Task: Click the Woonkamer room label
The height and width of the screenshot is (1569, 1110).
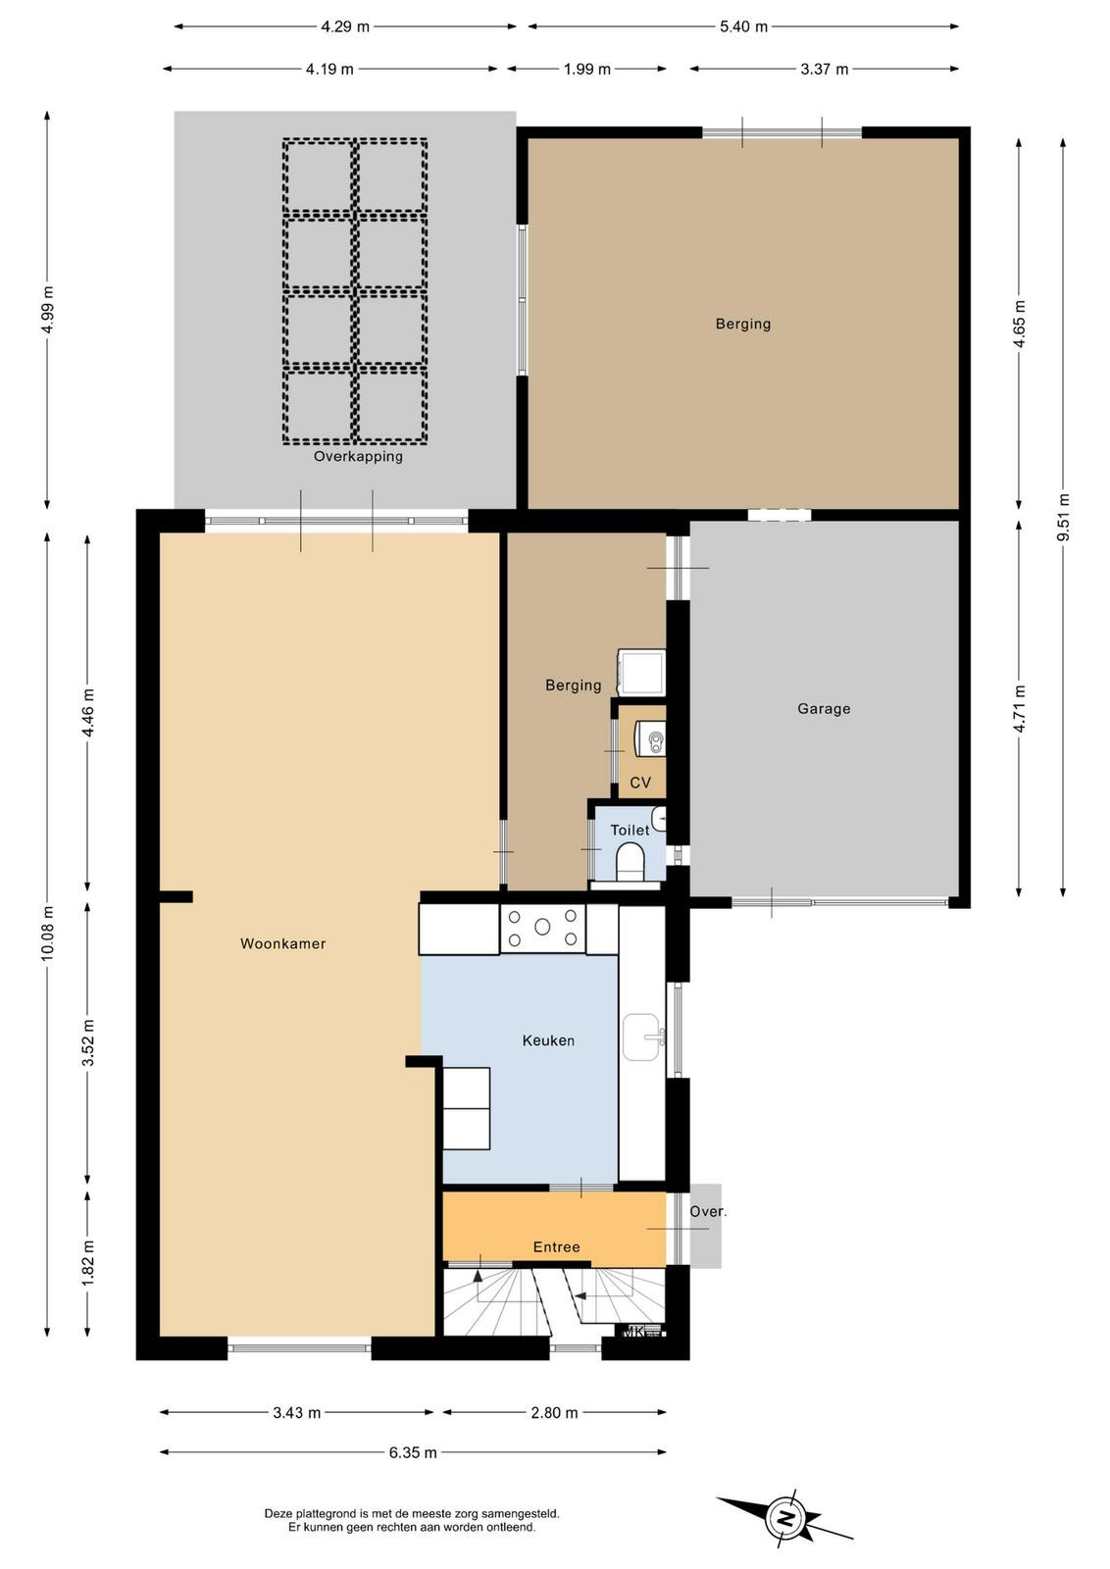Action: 283,943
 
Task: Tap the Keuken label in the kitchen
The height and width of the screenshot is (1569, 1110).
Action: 548,1040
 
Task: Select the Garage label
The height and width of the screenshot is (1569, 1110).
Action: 824,709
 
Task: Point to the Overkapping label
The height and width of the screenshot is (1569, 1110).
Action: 358,457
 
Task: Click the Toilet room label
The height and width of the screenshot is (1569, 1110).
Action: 630,830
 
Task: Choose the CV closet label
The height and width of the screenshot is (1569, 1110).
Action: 640,783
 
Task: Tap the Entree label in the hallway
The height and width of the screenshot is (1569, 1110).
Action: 557,1247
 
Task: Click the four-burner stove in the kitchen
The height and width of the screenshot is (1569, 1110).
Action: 543,928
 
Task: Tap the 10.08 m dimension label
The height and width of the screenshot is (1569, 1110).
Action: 47,934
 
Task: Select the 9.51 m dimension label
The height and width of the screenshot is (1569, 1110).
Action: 1063,517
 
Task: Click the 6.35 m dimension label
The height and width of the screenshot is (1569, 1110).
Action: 413,1452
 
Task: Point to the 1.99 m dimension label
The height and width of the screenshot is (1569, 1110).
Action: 586,69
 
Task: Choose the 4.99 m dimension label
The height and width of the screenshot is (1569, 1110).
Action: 47,310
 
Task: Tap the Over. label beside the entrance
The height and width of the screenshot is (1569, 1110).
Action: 708,1212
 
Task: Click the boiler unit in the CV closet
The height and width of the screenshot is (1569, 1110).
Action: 650,739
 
